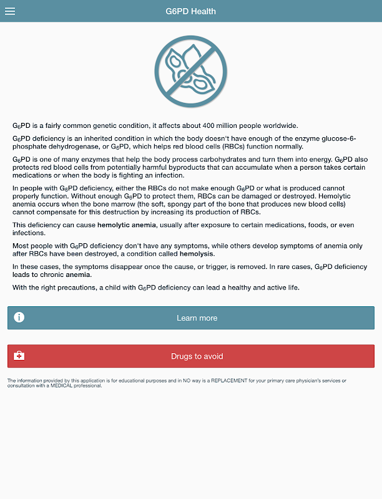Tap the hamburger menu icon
click(10, 11)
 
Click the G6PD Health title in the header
click(191, 11)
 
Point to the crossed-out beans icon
click(191, 69)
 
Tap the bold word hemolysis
click(197, 254)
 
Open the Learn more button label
click(197, 318)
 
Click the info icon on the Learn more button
click(19, 317)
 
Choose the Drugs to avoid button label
click(197, 357)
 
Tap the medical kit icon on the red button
click(19, 356)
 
